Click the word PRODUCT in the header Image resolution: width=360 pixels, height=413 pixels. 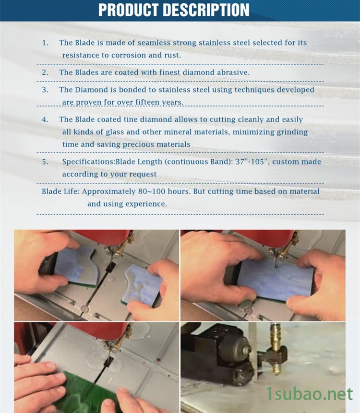coord(129,10)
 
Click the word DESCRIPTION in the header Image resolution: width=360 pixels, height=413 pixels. coord(206,10)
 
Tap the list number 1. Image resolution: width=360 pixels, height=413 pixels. coord(45,43)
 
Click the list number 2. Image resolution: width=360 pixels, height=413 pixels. coord(45,72)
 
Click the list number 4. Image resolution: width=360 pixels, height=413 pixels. coord(45,119)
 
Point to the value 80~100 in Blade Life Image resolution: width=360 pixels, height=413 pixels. coord(152,191)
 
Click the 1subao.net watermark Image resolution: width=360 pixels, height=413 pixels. coord(309,394)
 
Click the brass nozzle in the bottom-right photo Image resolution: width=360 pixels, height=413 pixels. coord(276,348)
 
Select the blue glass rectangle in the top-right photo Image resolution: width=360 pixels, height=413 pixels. coord(276,280)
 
